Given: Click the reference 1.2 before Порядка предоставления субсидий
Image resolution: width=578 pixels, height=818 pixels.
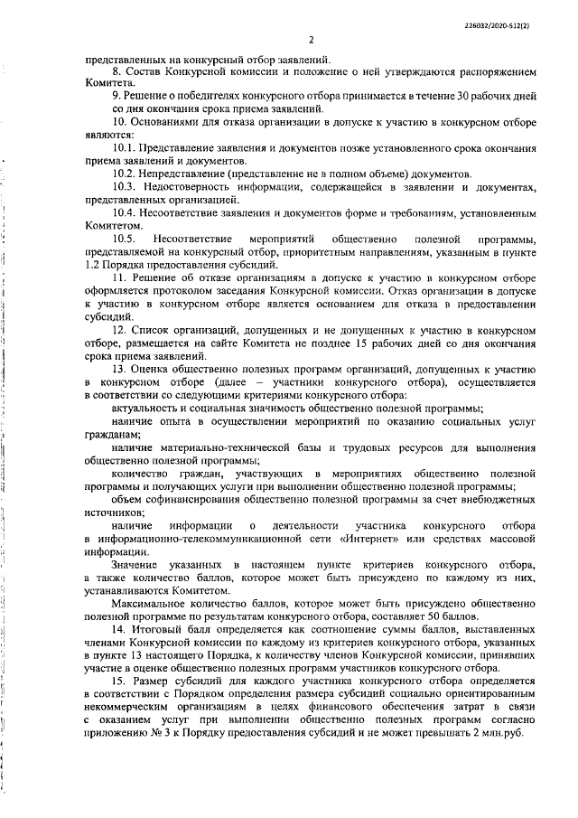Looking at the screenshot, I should pos(93,265).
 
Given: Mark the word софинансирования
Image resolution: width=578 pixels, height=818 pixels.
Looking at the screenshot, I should pos(202,500).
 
